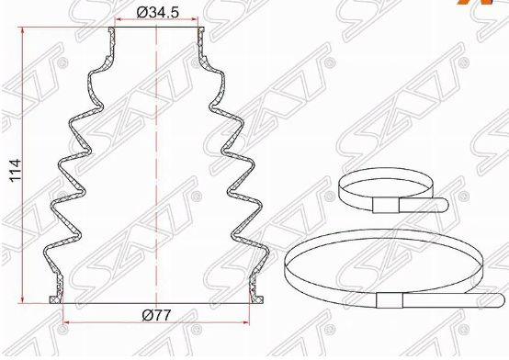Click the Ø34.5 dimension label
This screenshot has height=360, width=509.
tap(157, 12)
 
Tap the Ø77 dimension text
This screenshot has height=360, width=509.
tap(156, 315)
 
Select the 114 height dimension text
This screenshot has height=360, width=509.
tap(16, 171)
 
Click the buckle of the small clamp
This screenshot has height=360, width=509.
tap(386, 205)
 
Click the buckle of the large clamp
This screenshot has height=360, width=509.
tap(390, 300)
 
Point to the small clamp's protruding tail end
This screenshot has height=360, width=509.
tap(444, 205)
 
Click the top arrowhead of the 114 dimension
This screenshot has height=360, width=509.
tap(22, 31)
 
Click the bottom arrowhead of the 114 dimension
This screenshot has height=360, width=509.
tap(22, 299)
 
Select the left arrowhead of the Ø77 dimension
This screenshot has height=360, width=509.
tap(66, 322)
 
